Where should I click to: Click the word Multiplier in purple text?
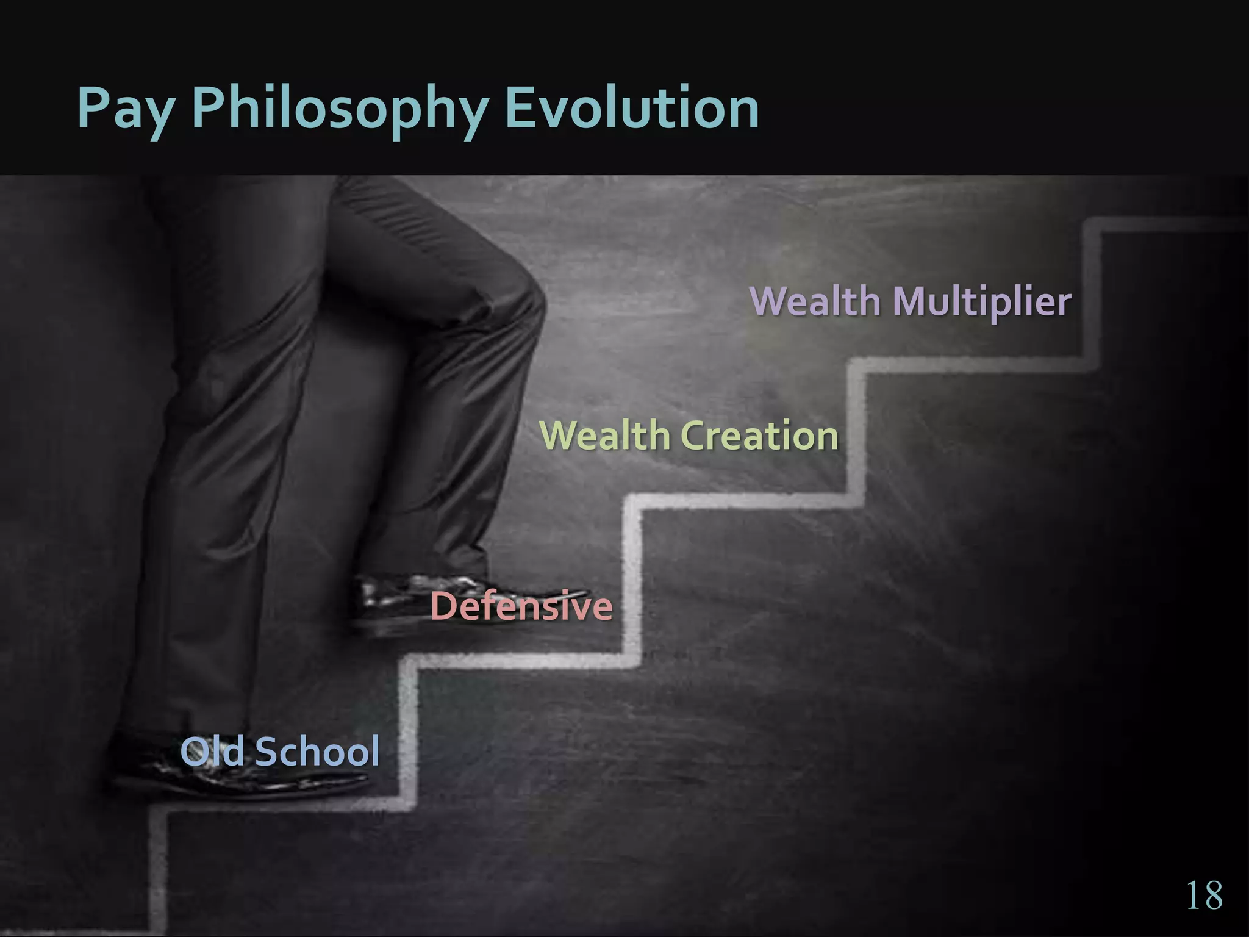[981, 302]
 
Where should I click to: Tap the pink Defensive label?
[521, 606]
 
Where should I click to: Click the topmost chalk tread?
[1165, 224]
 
